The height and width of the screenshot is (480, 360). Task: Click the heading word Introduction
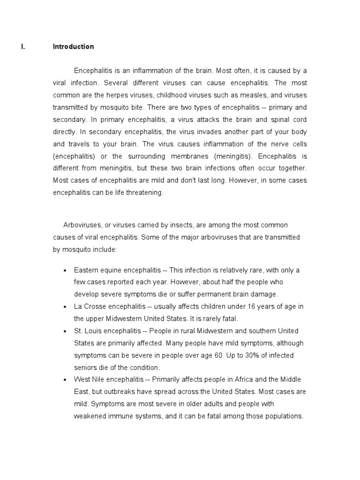pyautogui.click(x=73, y=46)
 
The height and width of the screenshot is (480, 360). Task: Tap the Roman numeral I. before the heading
pyautogui.click(x=22, y=46)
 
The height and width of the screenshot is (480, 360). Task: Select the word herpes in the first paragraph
pyautogui.click(x=121, y=95)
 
